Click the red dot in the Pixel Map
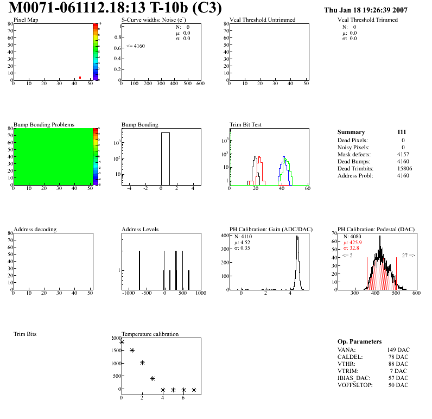point(80,78)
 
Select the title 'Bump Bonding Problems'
point(44,124)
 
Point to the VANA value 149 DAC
point(398,350)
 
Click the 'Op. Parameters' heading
point(359,341)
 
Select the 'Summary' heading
point(351,132)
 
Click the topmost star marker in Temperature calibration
point(122,342)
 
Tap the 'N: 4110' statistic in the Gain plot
point(244,237)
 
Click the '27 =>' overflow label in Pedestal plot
point(408,255)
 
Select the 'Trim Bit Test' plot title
point(246,124)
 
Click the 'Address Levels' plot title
point(140,229)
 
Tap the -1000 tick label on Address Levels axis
point(128,293)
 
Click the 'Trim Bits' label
point(25,334)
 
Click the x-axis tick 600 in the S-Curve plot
point(200,84)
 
